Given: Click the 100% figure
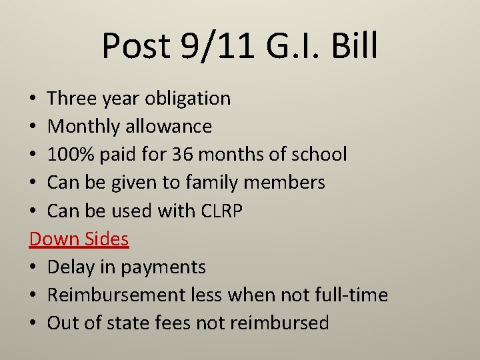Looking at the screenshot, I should pos(73,155).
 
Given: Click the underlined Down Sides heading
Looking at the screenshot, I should pos(79,239).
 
